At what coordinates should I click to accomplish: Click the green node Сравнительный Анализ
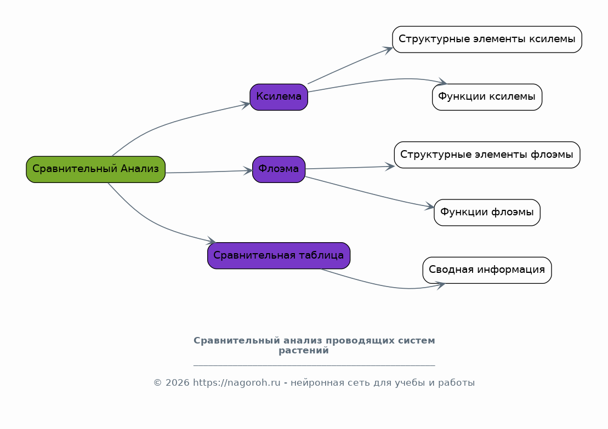point(96,169)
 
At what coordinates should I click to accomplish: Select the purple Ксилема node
point(279,97)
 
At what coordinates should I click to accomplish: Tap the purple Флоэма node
point(279,169)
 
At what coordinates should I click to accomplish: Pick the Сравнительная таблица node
point(279,256)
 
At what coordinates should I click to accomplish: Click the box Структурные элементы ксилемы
point(487,39)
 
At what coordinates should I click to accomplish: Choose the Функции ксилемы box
point(487,97)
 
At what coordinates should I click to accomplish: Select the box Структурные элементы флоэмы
point(487,155)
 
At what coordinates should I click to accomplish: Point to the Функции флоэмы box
point(487,213)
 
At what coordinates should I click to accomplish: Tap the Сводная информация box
point(487,270)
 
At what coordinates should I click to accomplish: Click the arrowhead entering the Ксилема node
point(246,105)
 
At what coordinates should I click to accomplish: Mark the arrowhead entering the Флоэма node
point(248,170)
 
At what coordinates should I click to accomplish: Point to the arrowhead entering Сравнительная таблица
point(211,241)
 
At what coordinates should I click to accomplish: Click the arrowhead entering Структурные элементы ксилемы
point(388,50)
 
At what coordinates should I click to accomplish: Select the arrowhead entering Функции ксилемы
point(442,82)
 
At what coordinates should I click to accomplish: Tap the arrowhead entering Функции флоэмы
point(430,206)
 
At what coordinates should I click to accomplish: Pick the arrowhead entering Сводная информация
point(440,285)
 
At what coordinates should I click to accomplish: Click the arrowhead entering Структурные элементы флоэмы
point(390,167)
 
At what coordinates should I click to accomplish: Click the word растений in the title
point(304,351)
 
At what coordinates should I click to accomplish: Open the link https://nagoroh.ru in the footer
point(236,383)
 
